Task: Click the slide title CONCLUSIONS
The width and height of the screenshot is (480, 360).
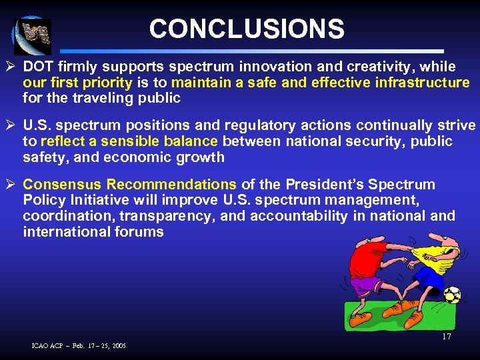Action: pyautogui.click(x=247, y=29)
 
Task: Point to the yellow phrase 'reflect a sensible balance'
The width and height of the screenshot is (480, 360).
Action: pyautogui.click(x=129, y=141)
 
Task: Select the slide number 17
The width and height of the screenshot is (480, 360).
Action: pyautogui.click(x=446, y=337)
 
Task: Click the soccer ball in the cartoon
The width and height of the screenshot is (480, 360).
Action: pyautogui.click(x=452, y=295)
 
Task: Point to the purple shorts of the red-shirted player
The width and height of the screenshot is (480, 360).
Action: pyautogui.click(x=365, y=285)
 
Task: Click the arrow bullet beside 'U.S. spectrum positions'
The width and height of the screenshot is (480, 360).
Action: pyautogui.click(x=12, y=125)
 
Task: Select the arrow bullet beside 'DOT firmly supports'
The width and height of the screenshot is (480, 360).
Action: pyautogui.click(x=12, y=67)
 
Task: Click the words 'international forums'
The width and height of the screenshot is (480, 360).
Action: pyautogui.click(x=93, y=232)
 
